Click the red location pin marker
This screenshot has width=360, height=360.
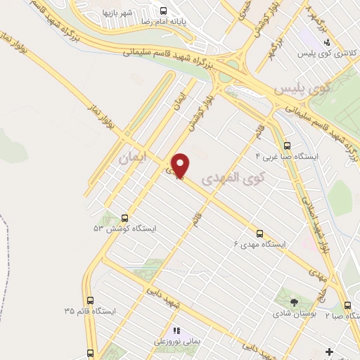coord(181,167)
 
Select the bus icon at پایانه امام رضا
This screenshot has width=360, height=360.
coord(163,11)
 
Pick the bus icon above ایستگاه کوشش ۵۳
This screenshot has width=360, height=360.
coord(125,218)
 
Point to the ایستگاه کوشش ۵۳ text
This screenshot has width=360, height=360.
coord(125,229)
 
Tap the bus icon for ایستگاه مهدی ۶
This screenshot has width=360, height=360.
coord(259,233)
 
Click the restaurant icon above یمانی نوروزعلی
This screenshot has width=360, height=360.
coord(176,330)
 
